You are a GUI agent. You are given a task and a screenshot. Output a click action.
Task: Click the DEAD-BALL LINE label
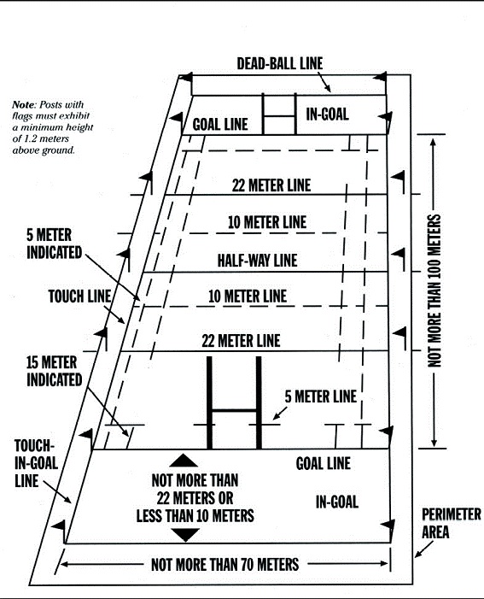(280, 63)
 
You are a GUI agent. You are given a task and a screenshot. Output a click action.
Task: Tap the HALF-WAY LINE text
(257, 261)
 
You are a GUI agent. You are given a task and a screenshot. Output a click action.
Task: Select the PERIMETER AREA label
(452, 523)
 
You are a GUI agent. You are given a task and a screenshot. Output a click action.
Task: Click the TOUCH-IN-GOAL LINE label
(36, 463)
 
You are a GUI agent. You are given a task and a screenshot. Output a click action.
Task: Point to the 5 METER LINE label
(321, 396)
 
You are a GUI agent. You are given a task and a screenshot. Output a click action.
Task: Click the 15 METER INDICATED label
(54, 371)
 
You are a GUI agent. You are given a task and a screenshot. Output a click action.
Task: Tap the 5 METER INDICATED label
(54, 244)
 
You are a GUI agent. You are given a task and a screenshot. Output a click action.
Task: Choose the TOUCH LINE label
(79, 297)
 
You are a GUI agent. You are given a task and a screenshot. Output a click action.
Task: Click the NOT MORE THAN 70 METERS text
(225, 565)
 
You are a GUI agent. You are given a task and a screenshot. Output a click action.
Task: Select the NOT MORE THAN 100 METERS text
(434, 291)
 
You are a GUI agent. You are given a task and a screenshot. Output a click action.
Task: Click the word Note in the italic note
(23, 104)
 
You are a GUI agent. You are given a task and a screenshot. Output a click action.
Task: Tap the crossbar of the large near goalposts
(235, 411)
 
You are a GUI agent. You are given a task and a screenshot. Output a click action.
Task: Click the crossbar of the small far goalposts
(279, 116)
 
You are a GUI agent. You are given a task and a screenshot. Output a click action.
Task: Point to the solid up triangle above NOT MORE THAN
(184, 461)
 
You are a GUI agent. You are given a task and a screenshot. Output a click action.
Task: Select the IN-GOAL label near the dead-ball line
(327, 115)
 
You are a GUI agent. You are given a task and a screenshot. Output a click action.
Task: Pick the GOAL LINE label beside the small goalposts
(220, 125)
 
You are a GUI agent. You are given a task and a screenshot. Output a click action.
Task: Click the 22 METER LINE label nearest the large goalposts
(241, 341)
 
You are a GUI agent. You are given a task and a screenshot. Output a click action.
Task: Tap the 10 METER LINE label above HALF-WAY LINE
(267, 222)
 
